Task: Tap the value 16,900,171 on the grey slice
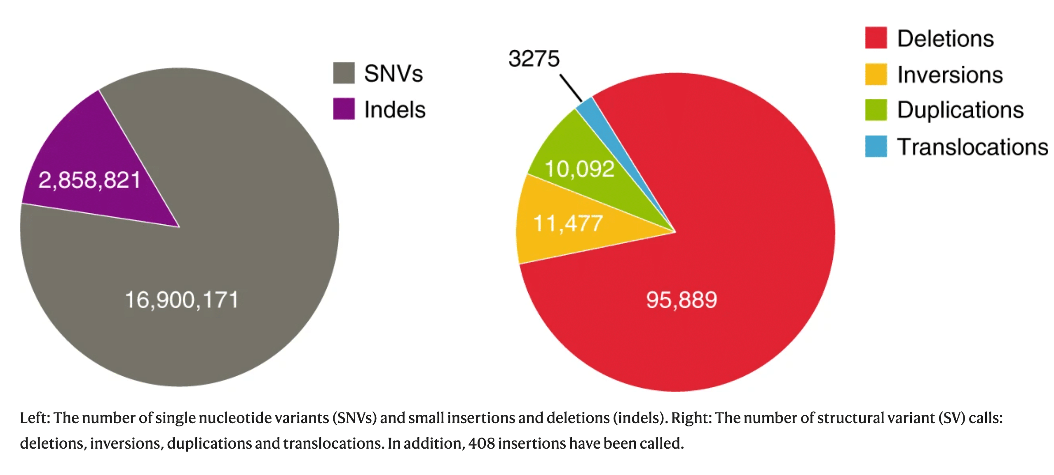(x=181, y=300)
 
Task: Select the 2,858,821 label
(x=89, y=180)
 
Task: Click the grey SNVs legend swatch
(x=344, y=73)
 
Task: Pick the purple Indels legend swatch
(x=344, y=109)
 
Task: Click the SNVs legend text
(x=393, y=74)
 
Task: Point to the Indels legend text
(x=394, y=110)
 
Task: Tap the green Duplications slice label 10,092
(x=579, y=169)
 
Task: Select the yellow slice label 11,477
(x=568, y=224)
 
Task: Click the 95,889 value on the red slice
(x=682, y=300)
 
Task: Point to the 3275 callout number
(x=534, y=58)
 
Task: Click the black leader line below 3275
(x=571, y=87)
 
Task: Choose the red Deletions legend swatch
(x=876, y=38)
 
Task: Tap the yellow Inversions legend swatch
(x=876, y=74)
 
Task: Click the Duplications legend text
(x=960, y=110)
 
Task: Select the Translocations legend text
(x=972, y=147)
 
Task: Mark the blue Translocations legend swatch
(x=876, y=146)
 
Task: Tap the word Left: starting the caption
(x=35, y=418)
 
